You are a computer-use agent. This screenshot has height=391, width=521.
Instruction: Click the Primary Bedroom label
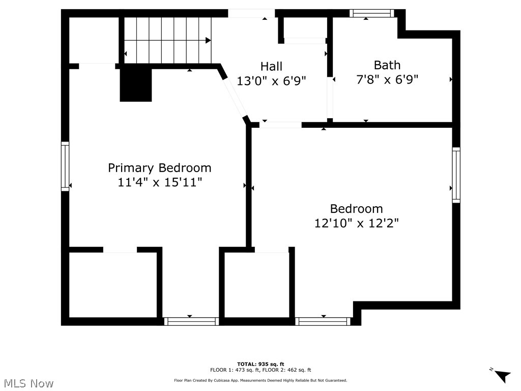159,167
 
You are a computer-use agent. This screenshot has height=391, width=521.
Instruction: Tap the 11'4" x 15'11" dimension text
160,182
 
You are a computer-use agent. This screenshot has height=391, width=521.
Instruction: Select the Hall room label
271,66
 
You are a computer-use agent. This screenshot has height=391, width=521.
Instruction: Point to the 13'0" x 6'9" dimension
271,81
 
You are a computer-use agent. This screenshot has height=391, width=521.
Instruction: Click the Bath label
387,65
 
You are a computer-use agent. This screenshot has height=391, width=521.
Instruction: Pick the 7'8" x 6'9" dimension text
387,80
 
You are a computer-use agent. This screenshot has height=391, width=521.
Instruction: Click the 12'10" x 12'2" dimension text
356,223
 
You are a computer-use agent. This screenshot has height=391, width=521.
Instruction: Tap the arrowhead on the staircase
208,40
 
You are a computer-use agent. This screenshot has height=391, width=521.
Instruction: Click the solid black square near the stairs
136,85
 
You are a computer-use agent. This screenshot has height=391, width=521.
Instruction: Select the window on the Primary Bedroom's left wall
65,166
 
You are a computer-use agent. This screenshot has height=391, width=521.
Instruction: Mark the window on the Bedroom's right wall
456,175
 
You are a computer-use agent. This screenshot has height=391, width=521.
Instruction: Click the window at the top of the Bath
371,14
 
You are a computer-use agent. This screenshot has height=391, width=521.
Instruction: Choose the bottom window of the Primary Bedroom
191,321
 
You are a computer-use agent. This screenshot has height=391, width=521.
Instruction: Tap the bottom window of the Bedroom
323,321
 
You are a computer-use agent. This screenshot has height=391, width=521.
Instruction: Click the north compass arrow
502,376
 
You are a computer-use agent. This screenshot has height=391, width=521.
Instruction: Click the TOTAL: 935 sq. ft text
260,364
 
